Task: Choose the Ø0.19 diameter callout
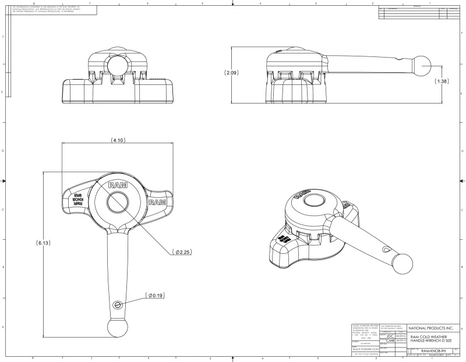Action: (154, 295)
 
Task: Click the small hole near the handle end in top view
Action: (118, 305)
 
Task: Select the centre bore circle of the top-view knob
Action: (118, 202)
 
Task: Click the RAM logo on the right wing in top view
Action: (157, 202)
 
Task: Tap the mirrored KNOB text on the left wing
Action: (76, 200)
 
